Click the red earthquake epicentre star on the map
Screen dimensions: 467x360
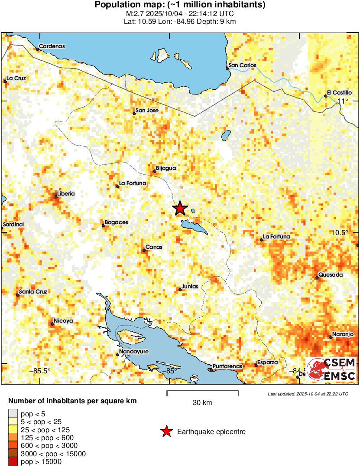180,209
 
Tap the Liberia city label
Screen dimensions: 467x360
66,193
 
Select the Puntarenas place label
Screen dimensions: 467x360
227,366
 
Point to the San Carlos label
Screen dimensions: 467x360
242,65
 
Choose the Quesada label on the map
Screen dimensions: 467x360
330,275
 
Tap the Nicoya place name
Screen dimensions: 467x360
63,321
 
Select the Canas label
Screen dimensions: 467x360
154,247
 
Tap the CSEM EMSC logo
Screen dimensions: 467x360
331,369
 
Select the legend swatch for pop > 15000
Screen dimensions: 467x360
13,462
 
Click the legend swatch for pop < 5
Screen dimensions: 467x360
13,412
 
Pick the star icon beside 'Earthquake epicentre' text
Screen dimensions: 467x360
165,431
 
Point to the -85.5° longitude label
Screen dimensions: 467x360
40,371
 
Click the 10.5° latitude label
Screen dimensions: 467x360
340,232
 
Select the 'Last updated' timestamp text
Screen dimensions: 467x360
308,394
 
